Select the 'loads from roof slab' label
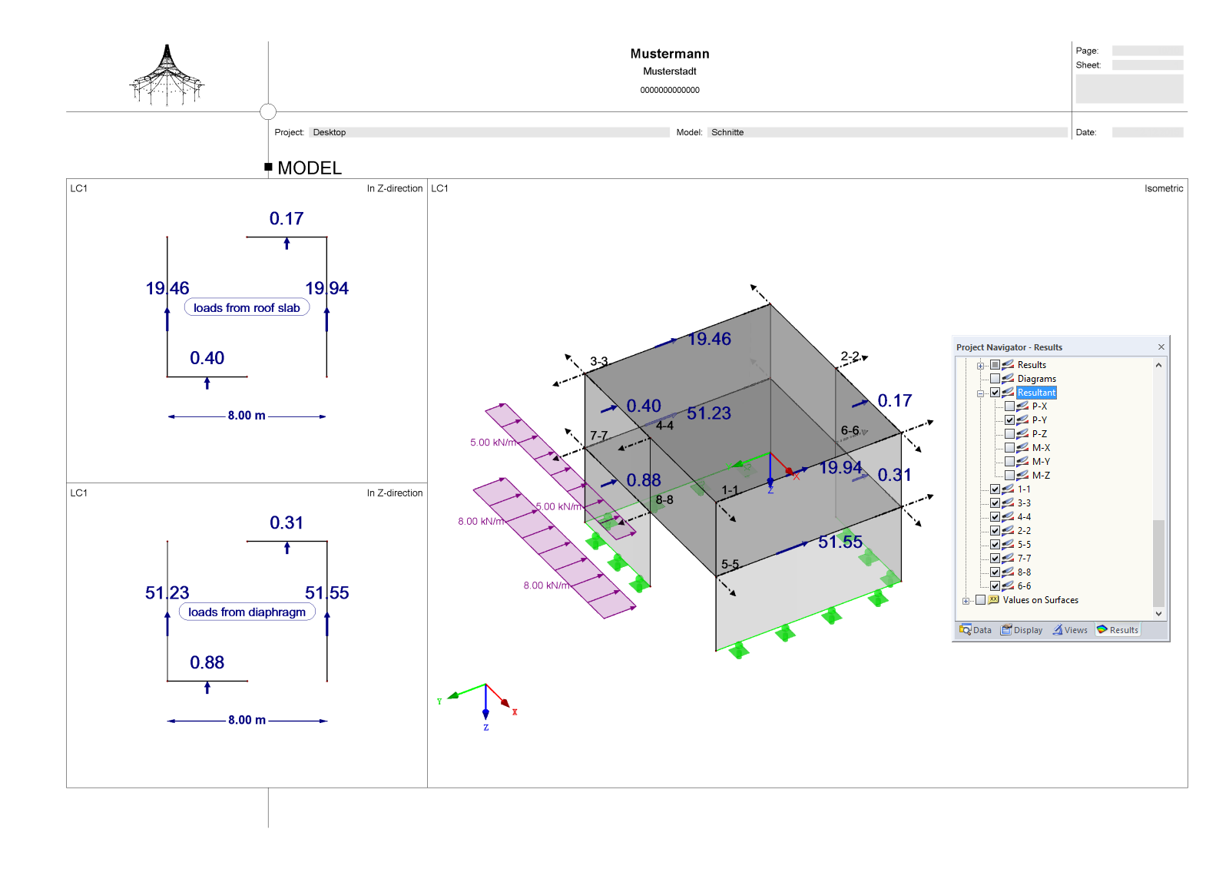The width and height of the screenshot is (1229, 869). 247,307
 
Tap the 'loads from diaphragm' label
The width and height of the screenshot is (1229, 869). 247,612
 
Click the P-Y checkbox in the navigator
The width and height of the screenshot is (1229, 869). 1009,420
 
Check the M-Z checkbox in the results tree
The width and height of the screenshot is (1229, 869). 1009,476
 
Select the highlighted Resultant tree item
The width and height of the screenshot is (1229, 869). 1036,393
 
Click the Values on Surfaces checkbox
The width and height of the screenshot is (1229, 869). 980,600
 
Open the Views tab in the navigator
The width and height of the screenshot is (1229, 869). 1070,630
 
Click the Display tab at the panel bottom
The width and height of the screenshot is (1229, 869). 1022,630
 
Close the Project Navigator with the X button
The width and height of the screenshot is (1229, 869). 1161,347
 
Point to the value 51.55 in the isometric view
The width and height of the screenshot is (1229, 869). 840,542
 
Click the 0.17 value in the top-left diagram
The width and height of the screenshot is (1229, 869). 287,219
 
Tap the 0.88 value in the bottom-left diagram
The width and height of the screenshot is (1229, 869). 207,662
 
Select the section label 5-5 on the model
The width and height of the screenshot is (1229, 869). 730,564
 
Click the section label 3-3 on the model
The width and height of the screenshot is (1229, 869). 599,361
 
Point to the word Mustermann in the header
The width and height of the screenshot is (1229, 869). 670,54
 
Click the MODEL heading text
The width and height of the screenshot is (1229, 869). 310,167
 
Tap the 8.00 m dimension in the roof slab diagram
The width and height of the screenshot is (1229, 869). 247,416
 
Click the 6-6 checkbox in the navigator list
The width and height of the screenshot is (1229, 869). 995,586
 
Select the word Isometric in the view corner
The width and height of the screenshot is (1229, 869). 1163,188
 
